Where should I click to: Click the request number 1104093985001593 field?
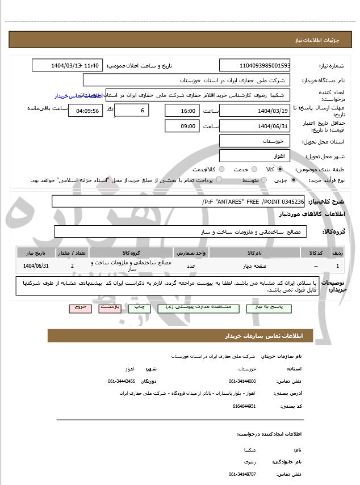254,65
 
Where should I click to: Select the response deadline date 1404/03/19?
254,110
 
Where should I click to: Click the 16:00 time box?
182,110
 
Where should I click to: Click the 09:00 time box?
182,126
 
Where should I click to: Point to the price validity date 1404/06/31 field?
254,126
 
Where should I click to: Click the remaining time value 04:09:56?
86,110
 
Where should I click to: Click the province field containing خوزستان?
254,140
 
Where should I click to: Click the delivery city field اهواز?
254,155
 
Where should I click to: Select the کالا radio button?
280,169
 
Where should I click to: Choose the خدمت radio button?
254,169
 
